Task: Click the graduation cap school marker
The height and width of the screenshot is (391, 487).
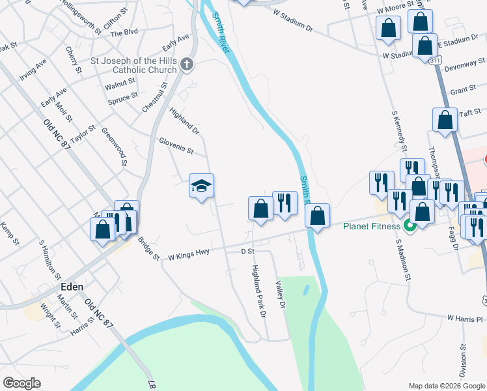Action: (201, 186)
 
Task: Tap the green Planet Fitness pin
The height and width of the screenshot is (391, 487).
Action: (410, 227)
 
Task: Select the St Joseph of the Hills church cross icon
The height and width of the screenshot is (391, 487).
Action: (187, 64)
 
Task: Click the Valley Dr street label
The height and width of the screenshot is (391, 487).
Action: (281, 294)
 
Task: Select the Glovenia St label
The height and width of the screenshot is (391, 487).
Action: (176, 146)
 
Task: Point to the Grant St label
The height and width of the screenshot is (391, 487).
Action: (463, 90)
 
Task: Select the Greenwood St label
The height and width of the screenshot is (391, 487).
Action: (113, 146)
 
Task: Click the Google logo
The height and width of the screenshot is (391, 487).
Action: (22, 383)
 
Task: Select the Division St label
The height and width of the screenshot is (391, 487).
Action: (463, 362)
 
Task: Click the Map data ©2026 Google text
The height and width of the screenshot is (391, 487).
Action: (446, 386)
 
